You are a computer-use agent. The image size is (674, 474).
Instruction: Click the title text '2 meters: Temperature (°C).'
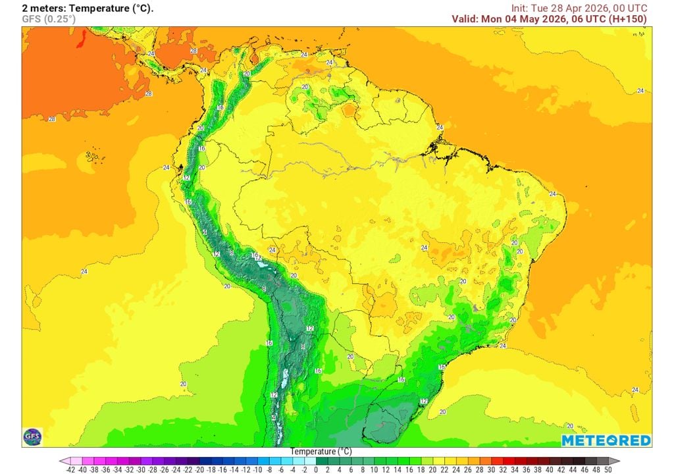pyautogui.click(x=88, y=8)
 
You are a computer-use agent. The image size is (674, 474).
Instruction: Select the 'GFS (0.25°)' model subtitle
pyautogui.click(x=49, y=19)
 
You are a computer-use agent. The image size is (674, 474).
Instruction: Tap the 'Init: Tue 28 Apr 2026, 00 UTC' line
pyautogui.click(x=579, y=8)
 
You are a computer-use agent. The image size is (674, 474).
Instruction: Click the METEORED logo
pyautogui.click(x=606, y=440)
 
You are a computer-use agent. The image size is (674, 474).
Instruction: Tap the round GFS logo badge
pyautogui.click(x=32, y=436)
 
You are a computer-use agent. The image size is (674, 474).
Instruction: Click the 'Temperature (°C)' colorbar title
pyautogui.click(x=321, y=452)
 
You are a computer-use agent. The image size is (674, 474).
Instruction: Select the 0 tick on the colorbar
pyautogui.click(x=316, y=469)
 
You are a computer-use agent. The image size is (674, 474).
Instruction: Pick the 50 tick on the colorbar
pyautogui.click(x=608, y=469)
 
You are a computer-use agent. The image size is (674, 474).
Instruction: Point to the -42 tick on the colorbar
pyautogui.click(x=70, y=469)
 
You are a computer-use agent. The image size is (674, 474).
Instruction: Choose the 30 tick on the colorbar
pyautogui.click(x=491, y=469)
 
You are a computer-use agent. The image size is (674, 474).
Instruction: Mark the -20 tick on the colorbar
pyautogui.click(x=199, y=469)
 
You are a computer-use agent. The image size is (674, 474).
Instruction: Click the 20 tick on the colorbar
pyautogui.click(x=432, y=469)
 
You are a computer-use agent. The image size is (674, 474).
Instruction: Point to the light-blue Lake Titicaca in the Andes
pyautogui.click(x=265, y=264)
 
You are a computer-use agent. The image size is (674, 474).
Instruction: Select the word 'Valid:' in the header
pyautogui.click(x=465, y=19)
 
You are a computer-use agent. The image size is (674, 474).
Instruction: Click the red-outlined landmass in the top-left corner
pyautogui.click(x=82, y=40)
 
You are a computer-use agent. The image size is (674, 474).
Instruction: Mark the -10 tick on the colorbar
pyautogui.click(x=257, y=469)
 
